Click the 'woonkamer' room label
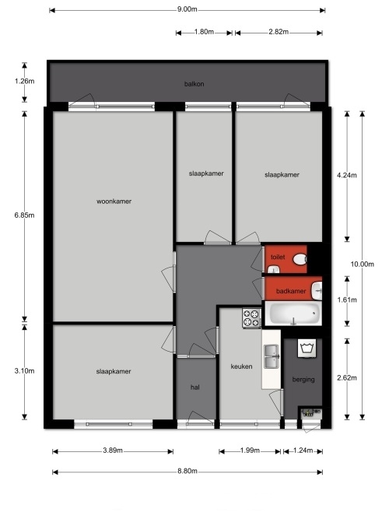click(x=114, y=202)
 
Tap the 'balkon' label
click(x=194, y=84)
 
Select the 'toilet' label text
click(x=278, y=257)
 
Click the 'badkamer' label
click(x=291, y=291)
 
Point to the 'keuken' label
click(x=241, y=366)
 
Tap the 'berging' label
click(x=303, y=380)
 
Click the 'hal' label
click(x=195, y=387)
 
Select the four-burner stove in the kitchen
click(x=251, y=318)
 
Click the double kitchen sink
click(x=272, y=356)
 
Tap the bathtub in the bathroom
click(x=293, y=314)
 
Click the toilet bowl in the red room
click(x=300, y=259)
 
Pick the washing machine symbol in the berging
click(x=307, y=349)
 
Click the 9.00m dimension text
click(x=187, y=9)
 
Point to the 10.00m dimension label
click(x=363, y=264)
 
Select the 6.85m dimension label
click(x=24, y=215)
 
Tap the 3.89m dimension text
click(x=113, y=451)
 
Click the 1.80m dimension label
click(x=204, y=32)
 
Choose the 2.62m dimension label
click(x=347, y=377)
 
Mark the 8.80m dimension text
click(x=187, y=471)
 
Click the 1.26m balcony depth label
click(x=24, y=81)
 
